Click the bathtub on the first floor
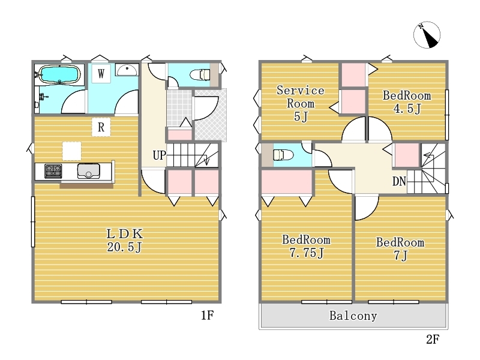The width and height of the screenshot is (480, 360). click(x=59, y=74)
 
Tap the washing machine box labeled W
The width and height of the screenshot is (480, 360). click(x=101, y=73)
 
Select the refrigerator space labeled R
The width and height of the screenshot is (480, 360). click(x=101, y=127)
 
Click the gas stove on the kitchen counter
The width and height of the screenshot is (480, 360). click(x=53, y=171)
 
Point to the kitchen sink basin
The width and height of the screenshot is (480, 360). click(x=88, y=171)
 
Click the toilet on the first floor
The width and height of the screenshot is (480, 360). click(x=200, y=74)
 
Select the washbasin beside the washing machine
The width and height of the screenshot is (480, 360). click(x=127, y=70)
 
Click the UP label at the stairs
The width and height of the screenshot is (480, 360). click(x=160, y=155)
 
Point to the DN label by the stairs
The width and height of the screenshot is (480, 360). click(x=399, y=182)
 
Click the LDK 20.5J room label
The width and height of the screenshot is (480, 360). click(x=125, y=241)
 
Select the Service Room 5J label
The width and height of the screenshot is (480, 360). click(x=301, y=103)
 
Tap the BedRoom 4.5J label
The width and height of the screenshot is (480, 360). click(x=407, y=102)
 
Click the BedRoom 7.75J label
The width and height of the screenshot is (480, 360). click(x=307, y=247)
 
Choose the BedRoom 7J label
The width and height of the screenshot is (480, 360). click(x=400, y=248)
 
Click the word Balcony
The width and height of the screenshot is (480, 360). click(x=353, y=316)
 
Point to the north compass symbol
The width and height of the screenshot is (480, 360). click(x=427, y=35)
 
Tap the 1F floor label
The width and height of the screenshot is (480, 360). click(x=207, y=316)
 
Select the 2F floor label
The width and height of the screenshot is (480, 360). click(x=433, y=339)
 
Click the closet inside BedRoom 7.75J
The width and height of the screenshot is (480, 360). click(x=287, y=182)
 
